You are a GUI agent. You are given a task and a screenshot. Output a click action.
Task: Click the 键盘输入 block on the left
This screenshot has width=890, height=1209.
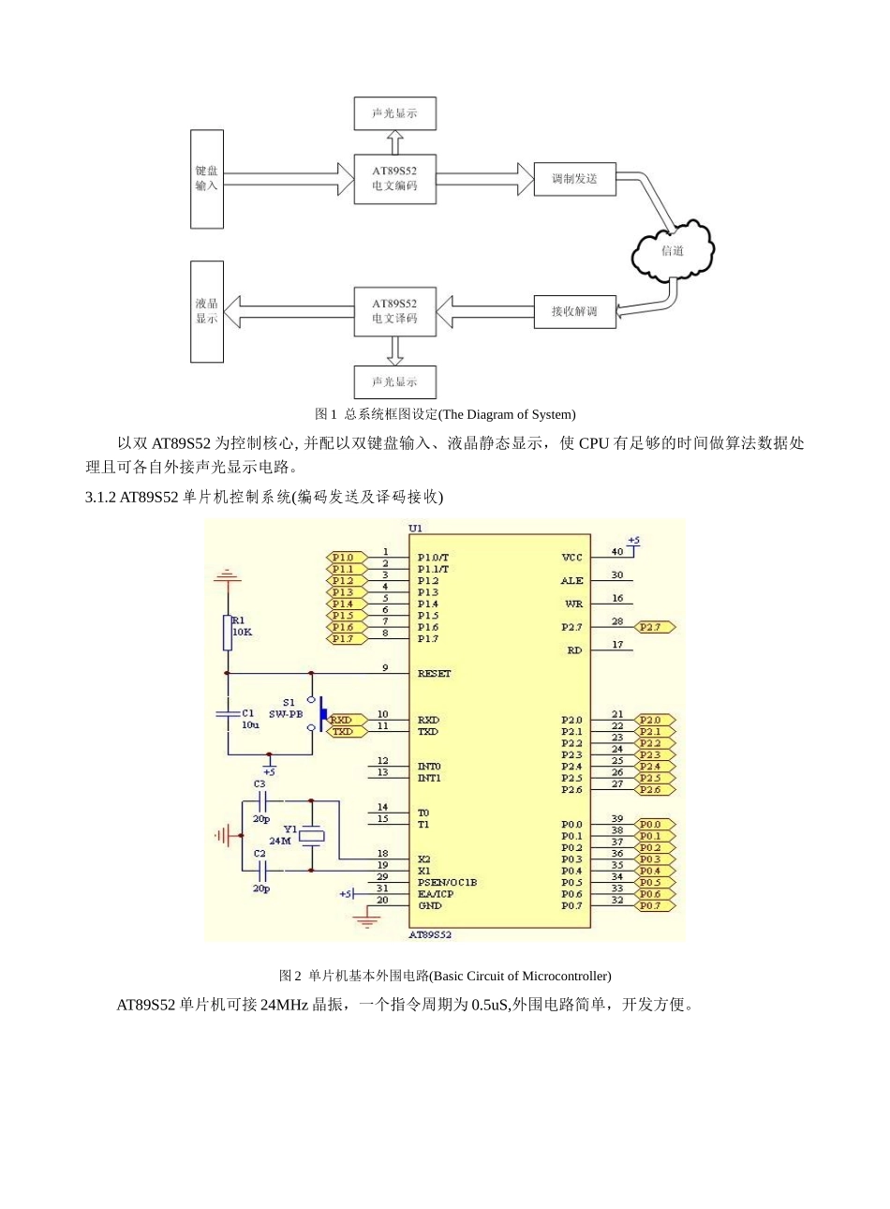207,179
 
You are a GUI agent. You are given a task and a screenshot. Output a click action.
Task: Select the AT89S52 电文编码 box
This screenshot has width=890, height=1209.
394,179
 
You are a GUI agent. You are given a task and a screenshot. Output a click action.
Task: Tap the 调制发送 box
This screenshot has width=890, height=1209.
574,178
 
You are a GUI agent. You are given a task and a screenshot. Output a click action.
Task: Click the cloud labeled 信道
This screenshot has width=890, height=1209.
673,250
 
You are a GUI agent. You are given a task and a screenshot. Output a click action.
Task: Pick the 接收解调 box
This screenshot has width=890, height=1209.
574,311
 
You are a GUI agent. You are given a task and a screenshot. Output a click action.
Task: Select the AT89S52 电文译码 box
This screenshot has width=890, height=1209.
394,311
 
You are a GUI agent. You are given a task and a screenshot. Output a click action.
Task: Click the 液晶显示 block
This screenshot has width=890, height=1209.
207,311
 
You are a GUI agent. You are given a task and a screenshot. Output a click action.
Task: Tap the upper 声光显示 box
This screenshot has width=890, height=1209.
394,113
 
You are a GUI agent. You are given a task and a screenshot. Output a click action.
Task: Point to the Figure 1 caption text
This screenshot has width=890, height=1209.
444,414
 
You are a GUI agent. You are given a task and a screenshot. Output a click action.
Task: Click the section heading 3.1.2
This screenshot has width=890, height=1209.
263,497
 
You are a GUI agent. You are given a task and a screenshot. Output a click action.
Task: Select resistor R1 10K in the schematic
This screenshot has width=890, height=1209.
227,633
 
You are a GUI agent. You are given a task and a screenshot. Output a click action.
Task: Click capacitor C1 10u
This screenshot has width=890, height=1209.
228,714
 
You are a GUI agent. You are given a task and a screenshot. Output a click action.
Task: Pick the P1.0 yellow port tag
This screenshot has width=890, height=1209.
344,558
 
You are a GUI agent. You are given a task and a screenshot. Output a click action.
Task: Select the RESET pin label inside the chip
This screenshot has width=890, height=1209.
434,674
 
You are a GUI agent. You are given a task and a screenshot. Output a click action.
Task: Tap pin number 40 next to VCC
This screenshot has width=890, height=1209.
617,552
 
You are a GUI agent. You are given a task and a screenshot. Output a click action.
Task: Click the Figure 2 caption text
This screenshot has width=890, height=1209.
444,976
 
